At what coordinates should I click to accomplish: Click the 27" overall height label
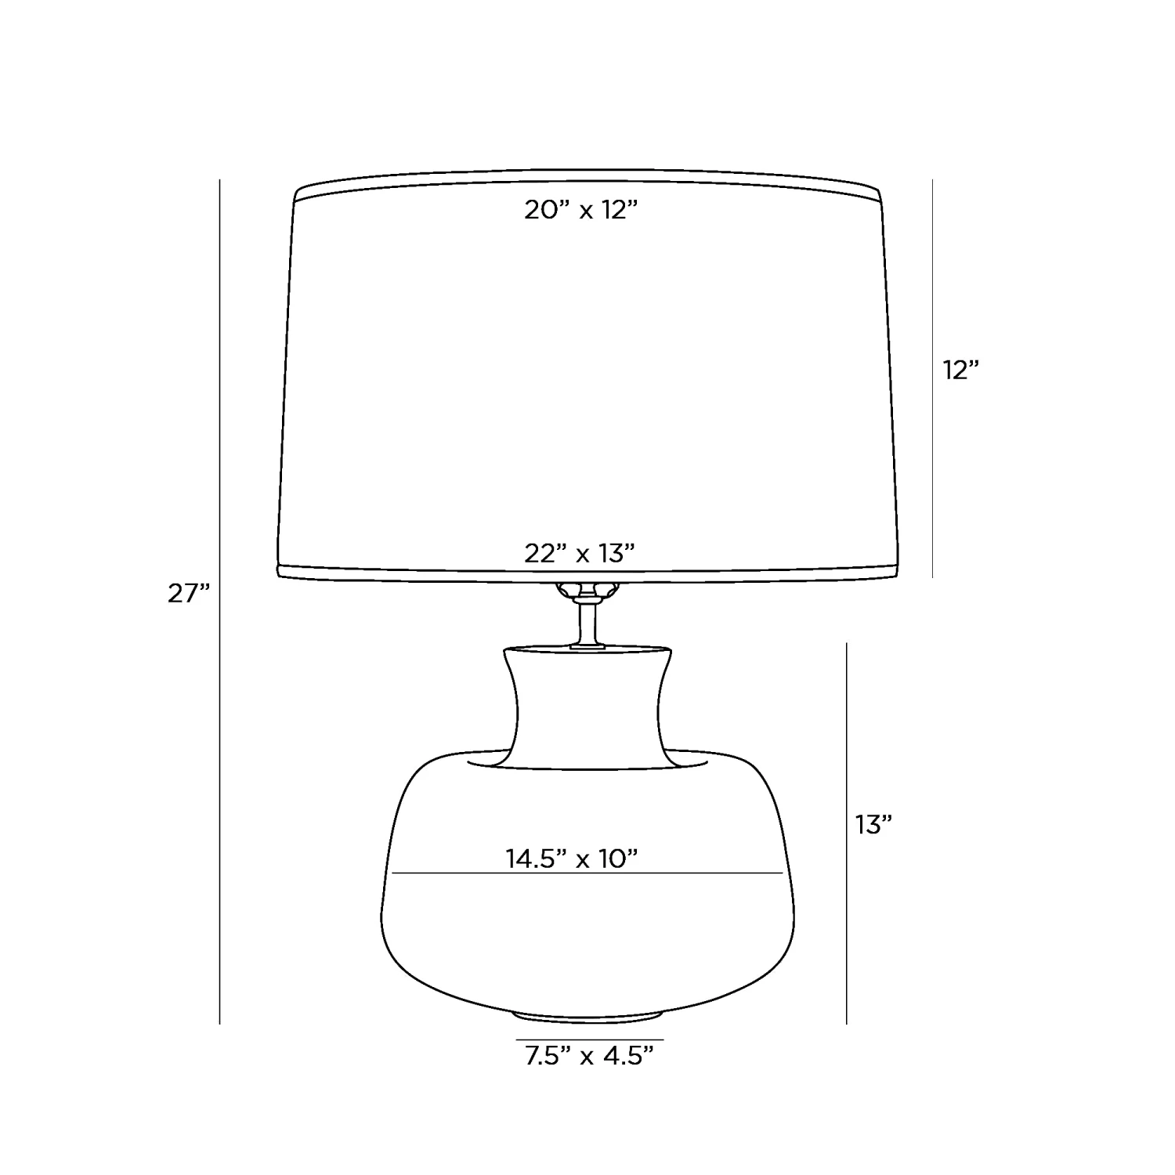tap(190, 594)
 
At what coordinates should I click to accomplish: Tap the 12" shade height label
tap(961, 370)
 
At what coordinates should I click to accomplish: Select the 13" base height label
tap(874, 824)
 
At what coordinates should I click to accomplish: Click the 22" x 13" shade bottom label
tap(579, 554)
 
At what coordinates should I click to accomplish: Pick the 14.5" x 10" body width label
tap(572, 859)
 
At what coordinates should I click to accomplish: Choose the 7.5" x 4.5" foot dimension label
tap(589, 1056)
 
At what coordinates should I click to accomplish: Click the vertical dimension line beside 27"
tap(220, 602)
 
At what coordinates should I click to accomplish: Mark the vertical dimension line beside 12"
tap(932, 378)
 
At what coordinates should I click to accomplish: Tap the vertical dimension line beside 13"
tap(847, 833)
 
